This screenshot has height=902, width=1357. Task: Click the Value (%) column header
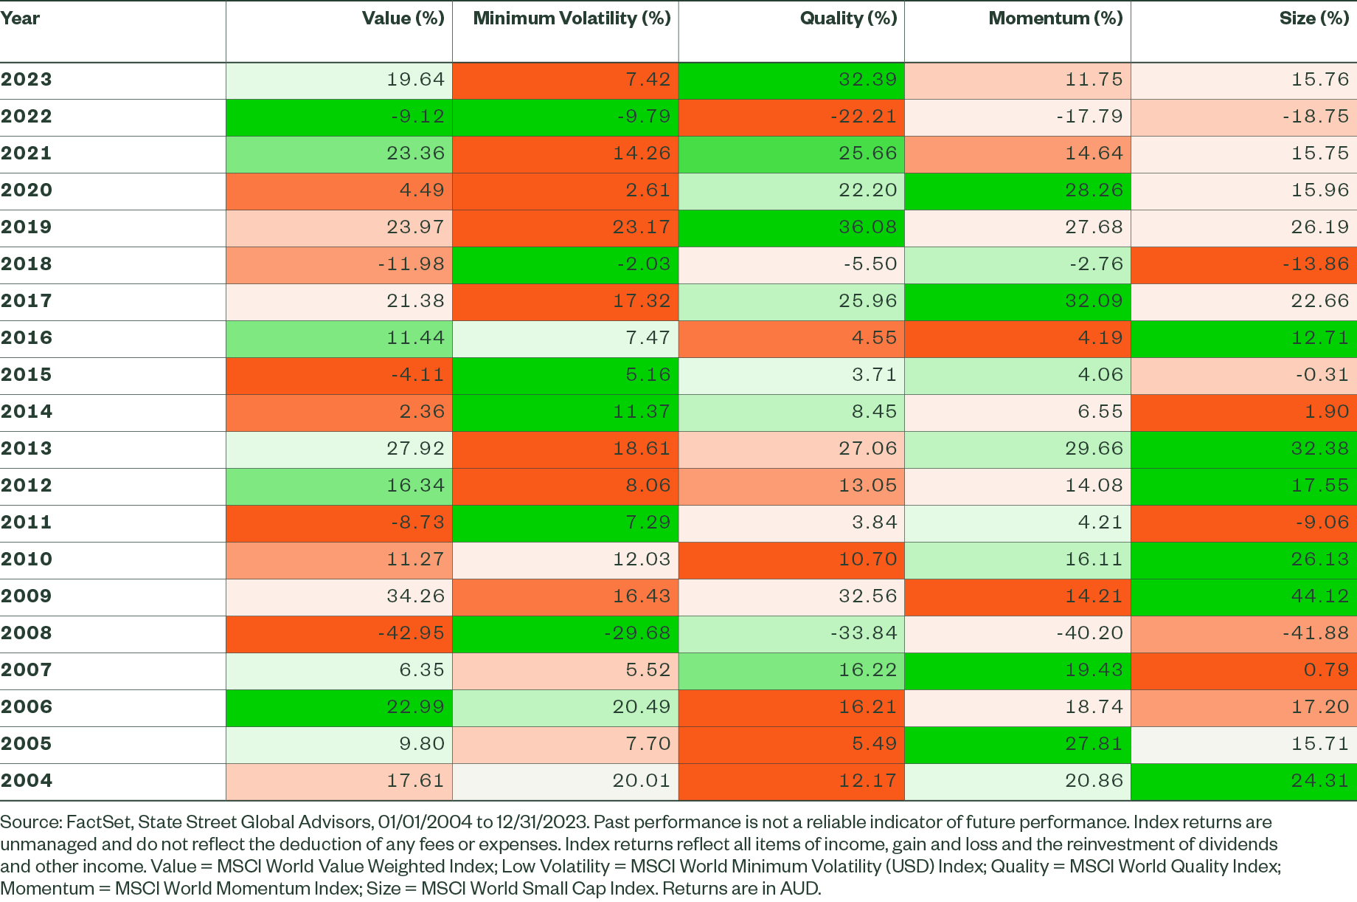click(403, 18)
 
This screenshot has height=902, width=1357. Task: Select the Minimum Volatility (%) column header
click(572, 18)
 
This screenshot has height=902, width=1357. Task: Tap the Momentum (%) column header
click(1055, 18)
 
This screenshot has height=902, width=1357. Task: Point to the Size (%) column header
click(1313, 18)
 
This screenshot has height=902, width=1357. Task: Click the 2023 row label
click(27, 80)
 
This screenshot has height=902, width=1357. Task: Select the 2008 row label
click(27, 633)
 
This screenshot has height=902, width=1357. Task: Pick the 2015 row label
click(27, 375)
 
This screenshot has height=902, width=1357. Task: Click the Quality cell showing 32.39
click(867, 80)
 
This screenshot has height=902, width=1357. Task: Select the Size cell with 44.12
click(1319, 596)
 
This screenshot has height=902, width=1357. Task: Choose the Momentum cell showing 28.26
click(1094, 190)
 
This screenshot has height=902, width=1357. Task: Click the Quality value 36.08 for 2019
click(867, 227)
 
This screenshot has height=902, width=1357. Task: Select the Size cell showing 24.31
click(1319, 781)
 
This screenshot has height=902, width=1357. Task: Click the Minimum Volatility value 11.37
click(642, 412)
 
